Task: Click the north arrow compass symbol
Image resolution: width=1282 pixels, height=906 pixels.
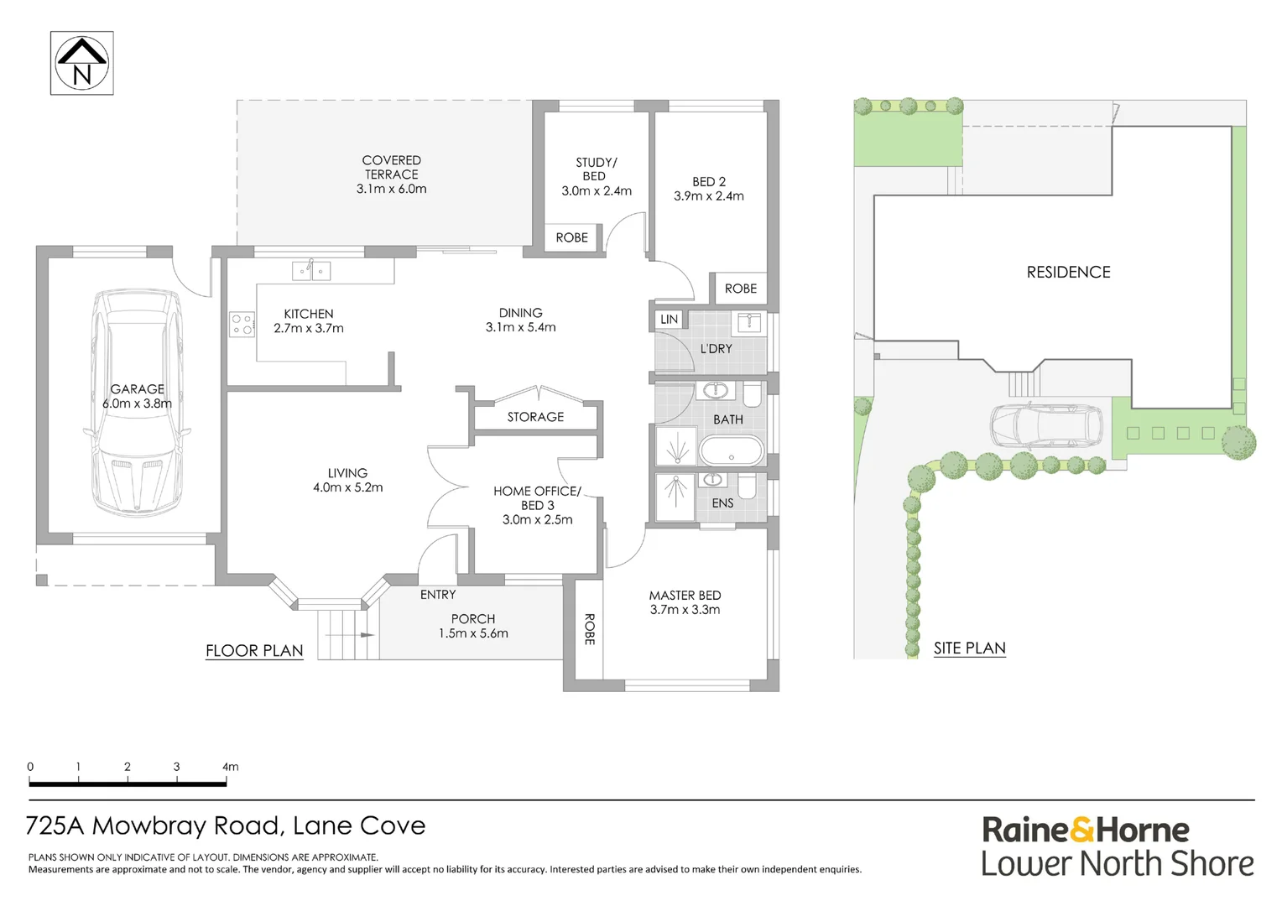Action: tap(81, 64)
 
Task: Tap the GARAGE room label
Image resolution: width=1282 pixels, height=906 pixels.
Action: tap(137, 389)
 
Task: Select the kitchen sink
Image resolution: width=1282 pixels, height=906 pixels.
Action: tap(310, 271)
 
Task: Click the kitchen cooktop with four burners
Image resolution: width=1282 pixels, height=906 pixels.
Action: tap(242, 325)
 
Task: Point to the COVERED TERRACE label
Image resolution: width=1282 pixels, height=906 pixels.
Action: tap(391, 167)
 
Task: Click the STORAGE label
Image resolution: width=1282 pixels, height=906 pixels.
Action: tap(535, 417)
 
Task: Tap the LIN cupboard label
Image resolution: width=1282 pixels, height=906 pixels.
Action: tap(669, 320)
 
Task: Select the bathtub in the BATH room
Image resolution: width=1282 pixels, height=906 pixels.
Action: tap(732, 451)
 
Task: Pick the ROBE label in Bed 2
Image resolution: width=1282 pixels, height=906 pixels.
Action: tap(740, 289)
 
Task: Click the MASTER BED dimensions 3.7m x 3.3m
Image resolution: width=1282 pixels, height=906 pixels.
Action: tap(685, 610)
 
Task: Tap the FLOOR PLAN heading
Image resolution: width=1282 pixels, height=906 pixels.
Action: tap(254, 651)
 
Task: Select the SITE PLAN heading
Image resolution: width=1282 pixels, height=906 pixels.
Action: tap(969, 648)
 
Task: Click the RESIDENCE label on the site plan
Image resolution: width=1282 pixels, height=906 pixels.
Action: tap(1068, 273)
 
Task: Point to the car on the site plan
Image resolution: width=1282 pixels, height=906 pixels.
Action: tap(1047, 427)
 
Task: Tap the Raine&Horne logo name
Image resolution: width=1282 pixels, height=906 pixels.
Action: tap(1085, 830)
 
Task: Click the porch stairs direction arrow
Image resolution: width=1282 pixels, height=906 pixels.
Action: tap(367, 635)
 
